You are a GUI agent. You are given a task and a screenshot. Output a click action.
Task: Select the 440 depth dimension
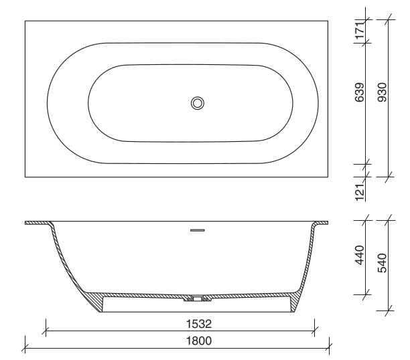360,256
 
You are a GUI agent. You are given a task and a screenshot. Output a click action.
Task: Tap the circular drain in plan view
197,102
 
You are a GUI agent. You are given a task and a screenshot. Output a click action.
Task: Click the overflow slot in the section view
197,230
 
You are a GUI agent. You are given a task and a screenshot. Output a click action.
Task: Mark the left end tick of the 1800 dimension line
25,347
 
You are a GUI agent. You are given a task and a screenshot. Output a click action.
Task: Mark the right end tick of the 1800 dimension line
329,347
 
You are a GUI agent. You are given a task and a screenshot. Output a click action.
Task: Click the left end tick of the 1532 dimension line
46,329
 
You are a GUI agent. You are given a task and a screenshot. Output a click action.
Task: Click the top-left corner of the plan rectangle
25,20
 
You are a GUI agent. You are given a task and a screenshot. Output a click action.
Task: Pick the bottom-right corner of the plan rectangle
329,177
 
